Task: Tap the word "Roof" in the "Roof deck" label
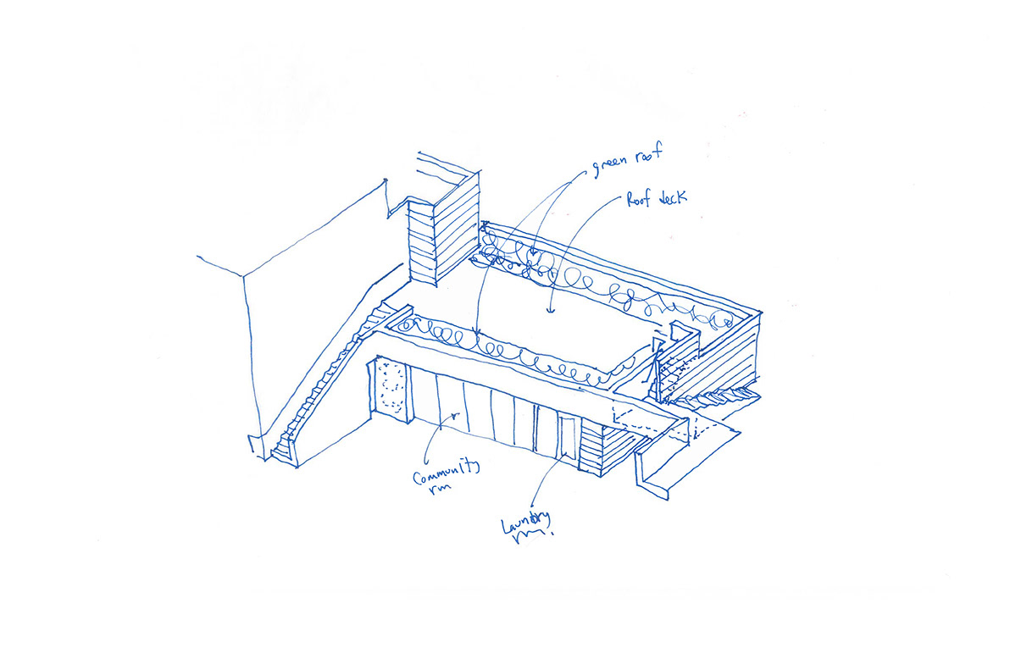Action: (640, 199)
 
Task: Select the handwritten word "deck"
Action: (672, 197)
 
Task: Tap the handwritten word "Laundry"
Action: (526, 522)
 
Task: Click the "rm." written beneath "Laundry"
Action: (532, 536)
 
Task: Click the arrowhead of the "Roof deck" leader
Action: (550, 309)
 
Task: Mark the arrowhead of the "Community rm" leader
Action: (455, 415)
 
